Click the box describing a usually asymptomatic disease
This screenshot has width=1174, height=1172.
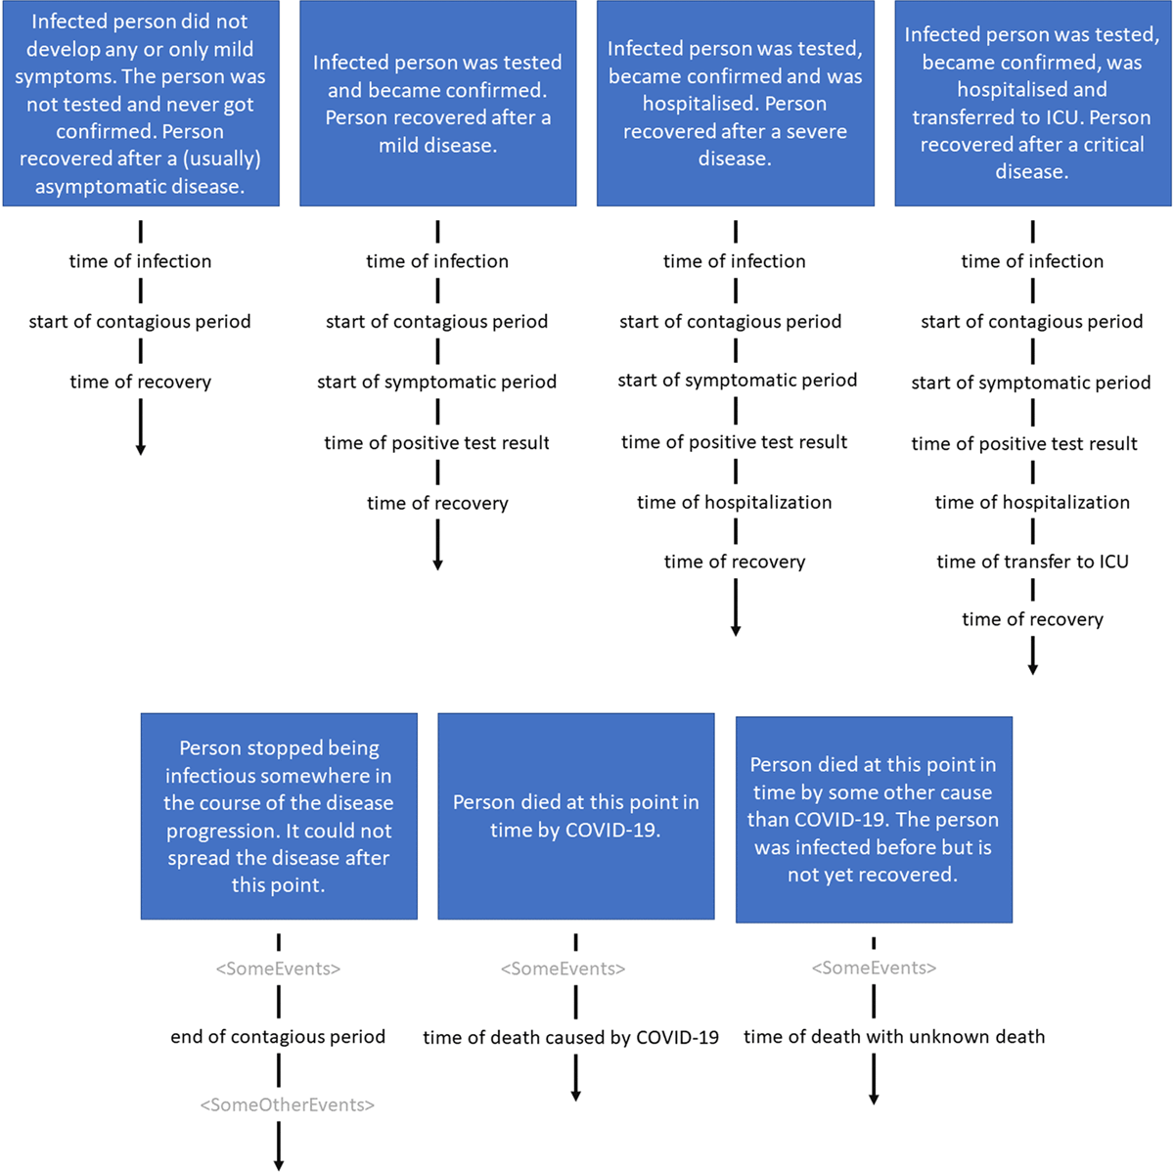point(141,103)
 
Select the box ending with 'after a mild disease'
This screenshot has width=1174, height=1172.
point(437,103)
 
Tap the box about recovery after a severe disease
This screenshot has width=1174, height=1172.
point(735,103)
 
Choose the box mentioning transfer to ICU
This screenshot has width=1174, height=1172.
point(1032,103)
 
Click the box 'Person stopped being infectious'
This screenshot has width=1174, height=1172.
point(279,816)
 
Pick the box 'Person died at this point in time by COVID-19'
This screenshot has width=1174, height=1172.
point(575,816)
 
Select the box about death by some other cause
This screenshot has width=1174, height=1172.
point(874,819)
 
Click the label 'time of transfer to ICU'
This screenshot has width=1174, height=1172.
point(1032,562)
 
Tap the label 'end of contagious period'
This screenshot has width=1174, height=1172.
point(278,1036)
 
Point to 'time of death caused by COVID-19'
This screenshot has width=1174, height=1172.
point(570,1037)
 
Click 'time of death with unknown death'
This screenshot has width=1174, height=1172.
point(894,1036)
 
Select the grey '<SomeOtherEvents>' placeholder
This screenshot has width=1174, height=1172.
point(287,1104)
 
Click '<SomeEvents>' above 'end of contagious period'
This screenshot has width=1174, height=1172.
point(278,969)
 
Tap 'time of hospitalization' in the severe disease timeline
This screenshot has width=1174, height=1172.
point(734,502)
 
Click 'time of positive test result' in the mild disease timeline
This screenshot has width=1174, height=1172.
point(436,442)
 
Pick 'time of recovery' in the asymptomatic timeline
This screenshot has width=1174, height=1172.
point(140,383)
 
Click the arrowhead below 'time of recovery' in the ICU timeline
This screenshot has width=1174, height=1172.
point(1033,669)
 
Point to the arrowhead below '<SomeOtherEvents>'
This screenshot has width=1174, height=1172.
point(279,1165)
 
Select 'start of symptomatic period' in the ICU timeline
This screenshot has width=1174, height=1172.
point(1031,383)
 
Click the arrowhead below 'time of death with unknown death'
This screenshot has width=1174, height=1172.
point(874,1099)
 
